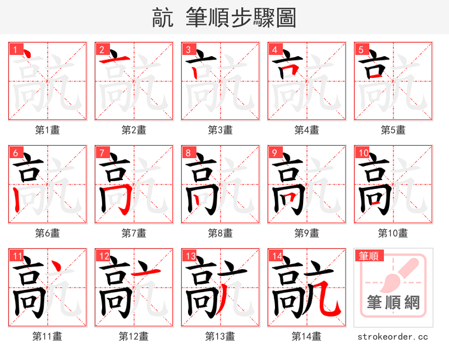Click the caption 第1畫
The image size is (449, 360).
point(48,130)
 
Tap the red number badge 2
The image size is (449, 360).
point(102,50)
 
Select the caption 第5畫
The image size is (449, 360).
point(393,130)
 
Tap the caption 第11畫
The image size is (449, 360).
point(48,336)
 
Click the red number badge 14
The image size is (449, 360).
point(276,256)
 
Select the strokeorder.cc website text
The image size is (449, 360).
point(393,336)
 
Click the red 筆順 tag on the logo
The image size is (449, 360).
point(368,256)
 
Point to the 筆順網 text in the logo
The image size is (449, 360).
point(393,303)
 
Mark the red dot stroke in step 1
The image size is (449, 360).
point(25,54)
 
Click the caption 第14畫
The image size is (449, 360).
point(307,336)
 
